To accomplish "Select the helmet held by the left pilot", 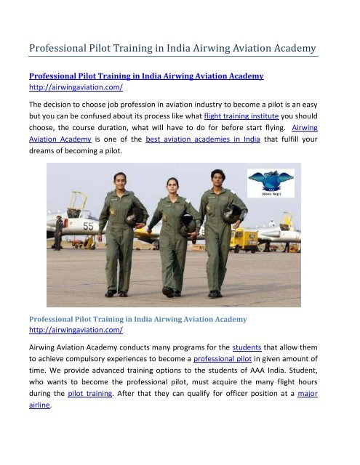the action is (x=135, y=215).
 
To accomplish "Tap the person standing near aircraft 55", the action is (x=59, y=232).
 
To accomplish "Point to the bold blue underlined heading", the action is (x=146, y=75).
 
